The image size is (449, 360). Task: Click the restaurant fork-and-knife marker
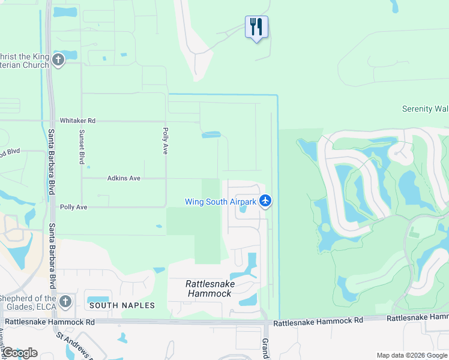pos(256,26)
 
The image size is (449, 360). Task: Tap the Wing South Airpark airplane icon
pos(266,202)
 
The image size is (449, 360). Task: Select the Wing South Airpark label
pos(220,202)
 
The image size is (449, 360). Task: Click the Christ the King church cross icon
pos(58,59)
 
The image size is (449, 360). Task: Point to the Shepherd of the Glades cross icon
pos(65,301)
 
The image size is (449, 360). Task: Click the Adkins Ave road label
pos(124,178)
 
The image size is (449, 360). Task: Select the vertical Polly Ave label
pos(164,140)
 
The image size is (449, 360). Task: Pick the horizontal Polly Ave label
pos(73,207)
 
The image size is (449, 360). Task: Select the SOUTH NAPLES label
pos(122,305)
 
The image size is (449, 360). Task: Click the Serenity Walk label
pos(425,109)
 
